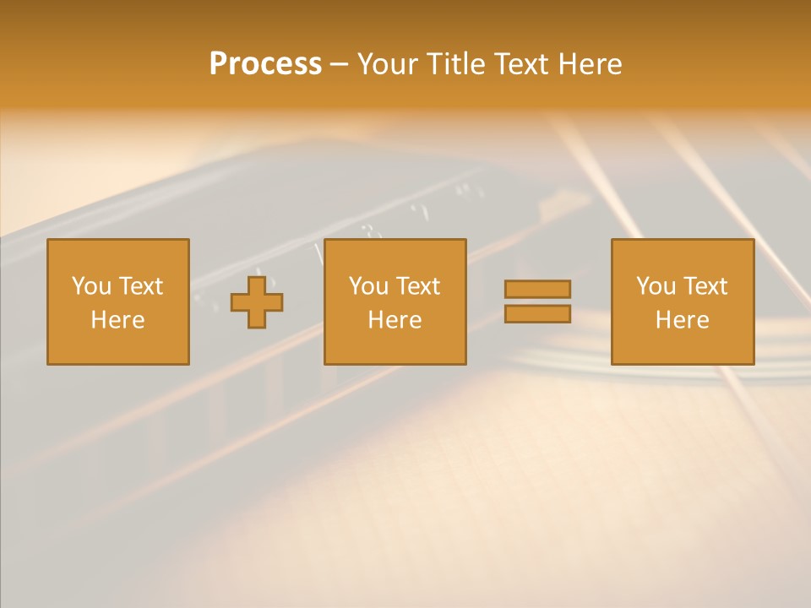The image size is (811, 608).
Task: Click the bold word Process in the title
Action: coord(265,64)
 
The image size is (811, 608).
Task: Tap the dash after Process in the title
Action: coord(340,64)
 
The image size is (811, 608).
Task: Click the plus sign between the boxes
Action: coord(257,302)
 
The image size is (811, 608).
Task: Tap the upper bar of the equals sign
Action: coord(537,289)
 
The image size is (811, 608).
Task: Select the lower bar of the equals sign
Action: coord(537,314)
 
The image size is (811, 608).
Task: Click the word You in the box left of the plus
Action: coord(90,286)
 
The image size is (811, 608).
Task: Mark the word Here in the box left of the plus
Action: coord(117,320)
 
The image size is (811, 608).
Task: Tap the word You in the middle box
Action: coord(368,286)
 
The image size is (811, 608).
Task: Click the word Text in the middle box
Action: coord(417,286)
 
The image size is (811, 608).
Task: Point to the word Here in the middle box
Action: coord(395,320)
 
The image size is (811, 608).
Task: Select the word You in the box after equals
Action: coord(656,286)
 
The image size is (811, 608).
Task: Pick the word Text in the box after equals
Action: coord(705,286)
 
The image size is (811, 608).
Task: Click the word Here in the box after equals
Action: coord(682,320)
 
